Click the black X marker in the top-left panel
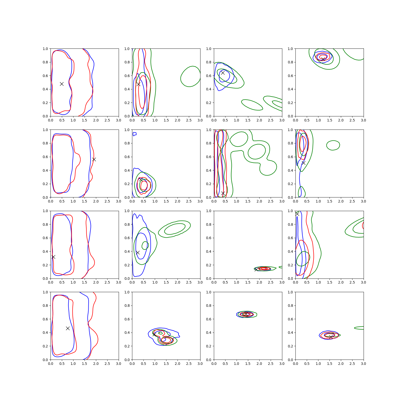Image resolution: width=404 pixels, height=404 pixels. (x=62, y=84)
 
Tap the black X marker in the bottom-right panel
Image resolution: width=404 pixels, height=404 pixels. (x=331, y=337)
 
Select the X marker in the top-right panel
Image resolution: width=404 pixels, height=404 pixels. (x=323, y=59)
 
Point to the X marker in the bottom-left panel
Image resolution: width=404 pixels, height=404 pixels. (x=68, y=328)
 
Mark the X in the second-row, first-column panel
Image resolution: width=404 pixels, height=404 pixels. (x=94, y=159)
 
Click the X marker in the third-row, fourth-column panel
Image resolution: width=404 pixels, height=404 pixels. (x=297, y=214)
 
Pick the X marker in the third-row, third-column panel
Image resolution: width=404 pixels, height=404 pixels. (x=256, y=269)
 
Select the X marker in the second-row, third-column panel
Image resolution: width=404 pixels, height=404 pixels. (x=223, y=193)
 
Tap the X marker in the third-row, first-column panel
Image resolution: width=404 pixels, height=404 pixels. (x=53, y=257)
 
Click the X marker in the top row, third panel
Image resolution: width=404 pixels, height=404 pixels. (x=223, y=73)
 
